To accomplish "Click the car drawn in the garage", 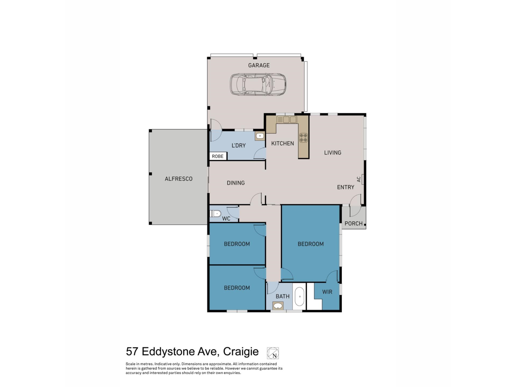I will (258, 84).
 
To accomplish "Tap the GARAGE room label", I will (259, 65).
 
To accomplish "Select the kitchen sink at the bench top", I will (286, 120).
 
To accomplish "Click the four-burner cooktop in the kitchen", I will (303, 138).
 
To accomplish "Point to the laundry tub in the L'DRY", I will (260, 136).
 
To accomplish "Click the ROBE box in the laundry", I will (218, 156).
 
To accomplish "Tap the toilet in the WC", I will (216, 214).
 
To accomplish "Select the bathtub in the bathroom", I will (299, 297).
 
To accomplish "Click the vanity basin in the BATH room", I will (278, 306).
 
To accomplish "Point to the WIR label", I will (327, 292).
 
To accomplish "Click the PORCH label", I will (353, 223).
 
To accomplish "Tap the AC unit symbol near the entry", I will (363, 179).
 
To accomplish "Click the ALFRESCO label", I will (178, 179).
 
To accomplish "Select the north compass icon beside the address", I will (273, 353).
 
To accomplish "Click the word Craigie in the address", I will (241, 352).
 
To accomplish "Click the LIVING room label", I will (332, 153).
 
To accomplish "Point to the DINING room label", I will (236, 183).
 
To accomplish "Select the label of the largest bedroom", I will (310, 244).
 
